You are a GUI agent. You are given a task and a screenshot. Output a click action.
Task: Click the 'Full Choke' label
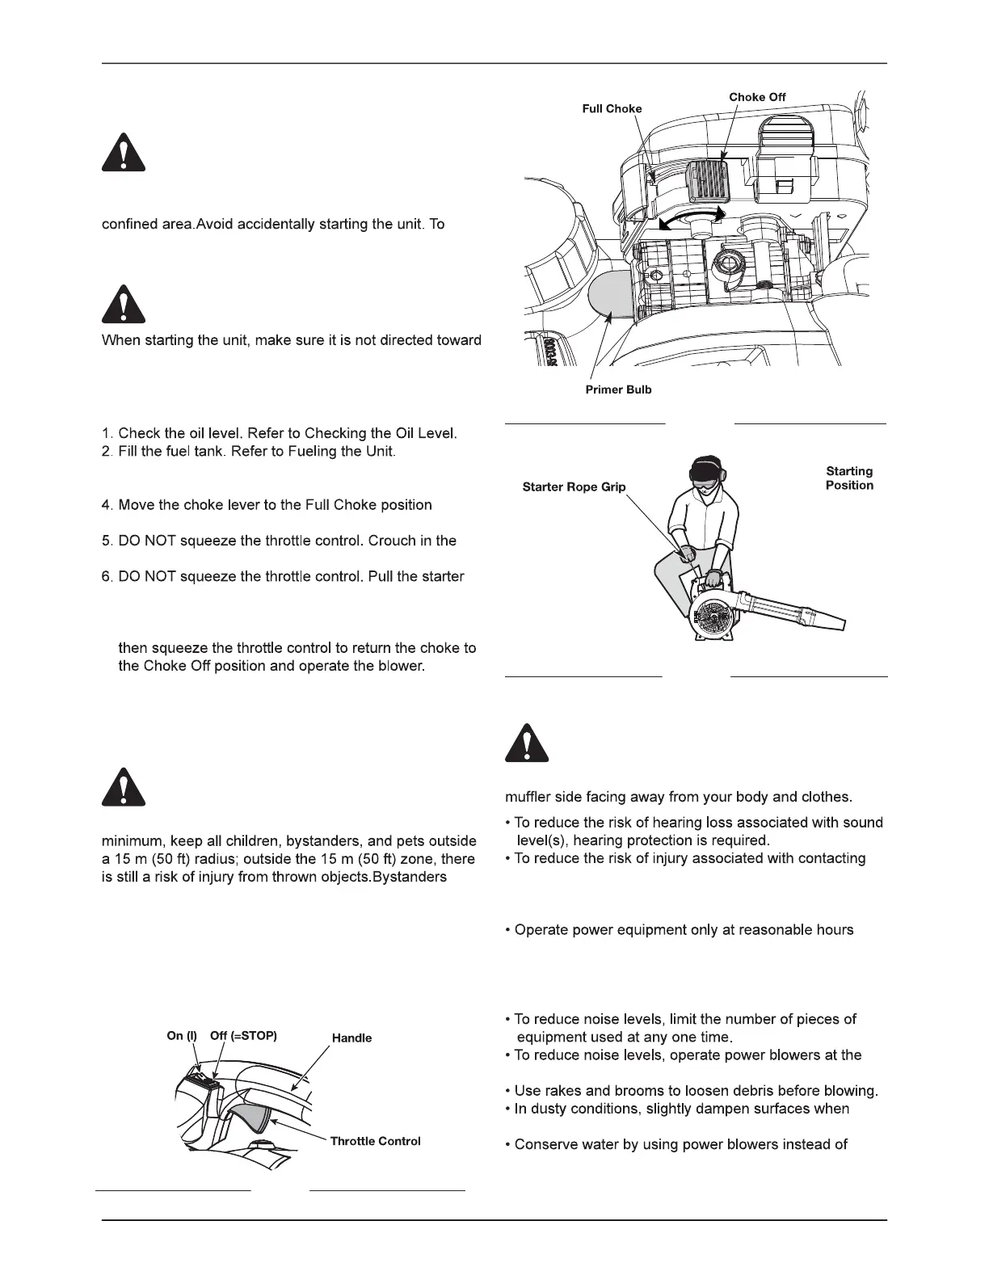pyautogui.click(x=612, y=109)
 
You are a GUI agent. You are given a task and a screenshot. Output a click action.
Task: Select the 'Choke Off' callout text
pyautogui.click(x=757, y=97)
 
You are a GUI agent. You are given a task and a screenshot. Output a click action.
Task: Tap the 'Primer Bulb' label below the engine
pyautogui.click(x=618, y=389)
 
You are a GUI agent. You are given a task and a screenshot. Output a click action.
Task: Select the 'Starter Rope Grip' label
pyautogui.click(x=574, y=487)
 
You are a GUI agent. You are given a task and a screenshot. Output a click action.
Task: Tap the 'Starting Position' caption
pyautogui.click(x=849, y=478)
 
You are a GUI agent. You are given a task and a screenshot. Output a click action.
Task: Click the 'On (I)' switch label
pyautogui.click(x=182, y=1035)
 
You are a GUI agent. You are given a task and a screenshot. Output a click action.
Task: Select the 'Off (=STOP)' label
pyautogui.click(x=243, y=1035)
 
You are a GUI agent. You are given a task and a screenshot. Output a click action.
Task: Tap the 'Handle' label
pyautogui.click(x=351, y=1038)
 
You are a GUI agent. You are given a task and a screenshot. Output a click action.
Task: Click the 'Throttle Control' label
pyautogui.click(x=375, y=1141)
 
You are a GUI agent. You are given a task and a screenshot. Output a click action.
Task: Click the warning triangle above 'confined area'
pyautogui.click(x=124, y=154)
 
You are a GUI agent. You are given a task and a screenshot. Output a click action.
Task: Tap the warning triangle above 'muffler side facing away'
pyautogui.click(x=527, y=743)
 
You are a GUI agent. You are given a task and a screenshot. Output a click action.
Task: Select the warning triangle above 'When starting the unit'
pyautogui.click(x=124, y=305)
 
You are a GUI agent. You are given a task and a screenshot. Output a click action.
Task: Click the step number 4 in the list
pyautogui.click(x=106, y=505)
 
